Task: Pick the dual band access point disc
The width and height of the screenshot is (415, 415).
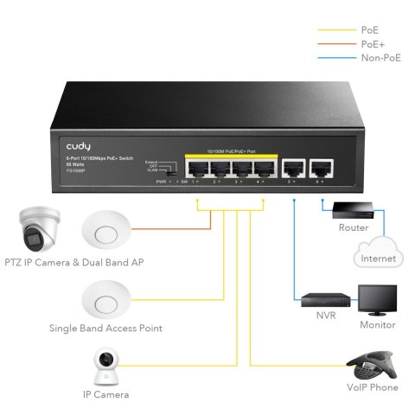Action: pyautogui.click(x=105, y=233)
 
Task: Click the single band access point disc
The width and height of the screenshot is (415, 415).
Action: pyautogui.click(x=105, y=300)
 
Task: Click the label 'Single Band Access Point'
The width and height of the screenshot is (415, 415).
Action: pyautogui.click(x=107, y=329)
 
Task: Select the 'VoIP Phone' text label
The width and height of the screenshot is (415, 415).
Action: pyautogui.click(x=373, y=388)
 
